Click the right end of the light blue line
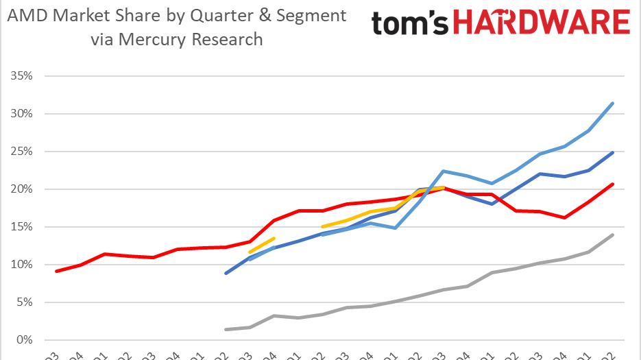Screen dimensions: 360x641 coord(612,104)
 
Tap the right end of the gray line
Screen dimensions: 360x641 coord(612,235)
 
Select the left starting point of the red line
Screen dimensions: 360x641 coord(56,272)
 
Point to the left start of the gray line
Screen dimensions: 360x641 coord(226,330)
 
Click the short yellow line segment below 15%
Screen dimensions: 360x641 coord(262,245)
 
